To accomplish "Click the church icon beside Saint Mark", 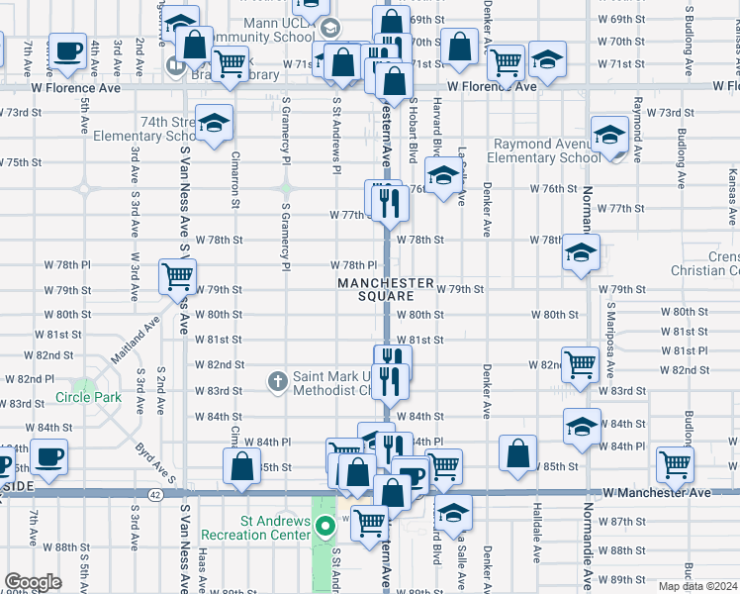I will (279, 380).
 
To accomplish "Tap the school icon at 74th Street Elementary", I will (213, 124).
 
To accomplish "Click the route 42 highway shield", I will (155, 493).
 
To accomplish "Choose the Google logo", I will (33, 582).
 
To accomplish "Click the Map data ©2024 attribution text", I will (697, 586).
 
